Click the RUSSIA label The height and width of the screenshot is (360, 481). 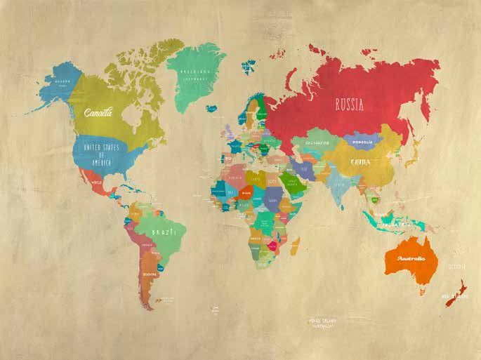(349, 105)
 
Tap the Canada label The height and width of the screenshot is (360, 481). (98, 112)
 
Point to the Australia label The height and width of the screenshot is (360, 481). (411, 258)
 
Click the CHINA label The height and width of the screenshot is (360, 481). (360, 162)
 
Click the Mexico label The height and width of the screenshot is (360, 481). (97, 182)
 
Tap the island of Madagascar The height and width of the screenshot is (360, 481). (296, 246)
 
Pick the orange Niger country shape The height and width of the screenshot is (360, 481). (245, 191)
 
